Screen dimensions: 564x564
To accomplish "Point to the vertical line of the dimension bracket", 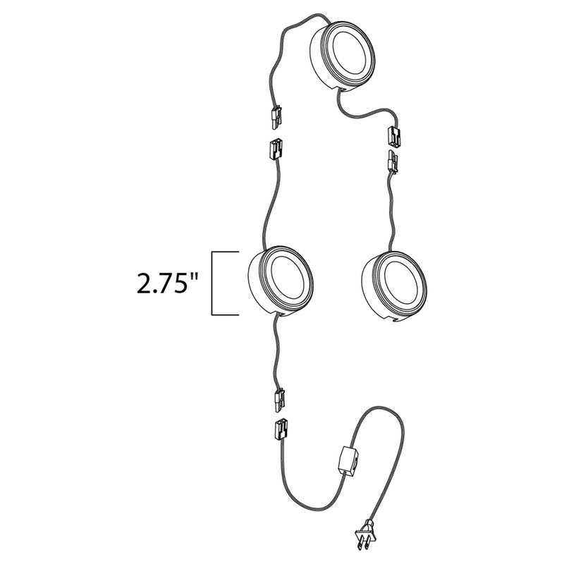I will [x=214, y=282].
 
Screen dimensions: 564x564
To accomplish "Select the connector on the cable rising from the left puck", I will [x=276, y=150].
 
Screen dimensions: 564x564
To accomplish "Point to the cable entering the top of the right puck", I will [x=389, y=211].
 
